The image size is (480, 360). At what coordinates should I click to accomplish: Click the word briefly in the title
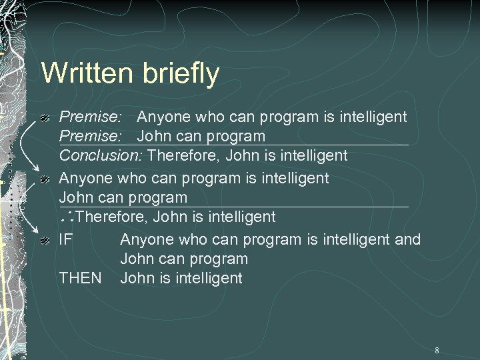(179, 74)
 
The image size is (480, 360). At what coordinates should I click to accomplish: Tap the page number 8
(437, 350)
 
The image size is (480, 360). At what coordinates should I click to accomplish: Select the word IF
(66, 239)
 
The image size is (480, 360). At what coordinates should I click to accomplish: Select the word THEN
(81, 277)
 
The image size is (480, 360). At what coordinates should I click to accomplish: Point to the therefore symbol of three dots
(67, 217)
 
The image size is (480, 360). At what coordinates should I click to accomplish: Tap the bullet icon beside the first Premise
(46, 118)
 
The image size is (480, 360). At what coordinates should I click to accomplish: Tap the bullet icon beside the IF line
(46, 239)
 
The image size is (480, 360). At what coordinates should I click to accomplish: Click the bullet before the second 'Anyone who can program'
(46, 179)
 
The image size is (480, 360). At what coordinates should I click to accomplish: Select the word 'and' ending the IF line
(407, 239)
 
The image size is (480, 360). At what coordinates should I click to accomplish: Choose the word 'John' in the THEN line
(138, 277)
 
